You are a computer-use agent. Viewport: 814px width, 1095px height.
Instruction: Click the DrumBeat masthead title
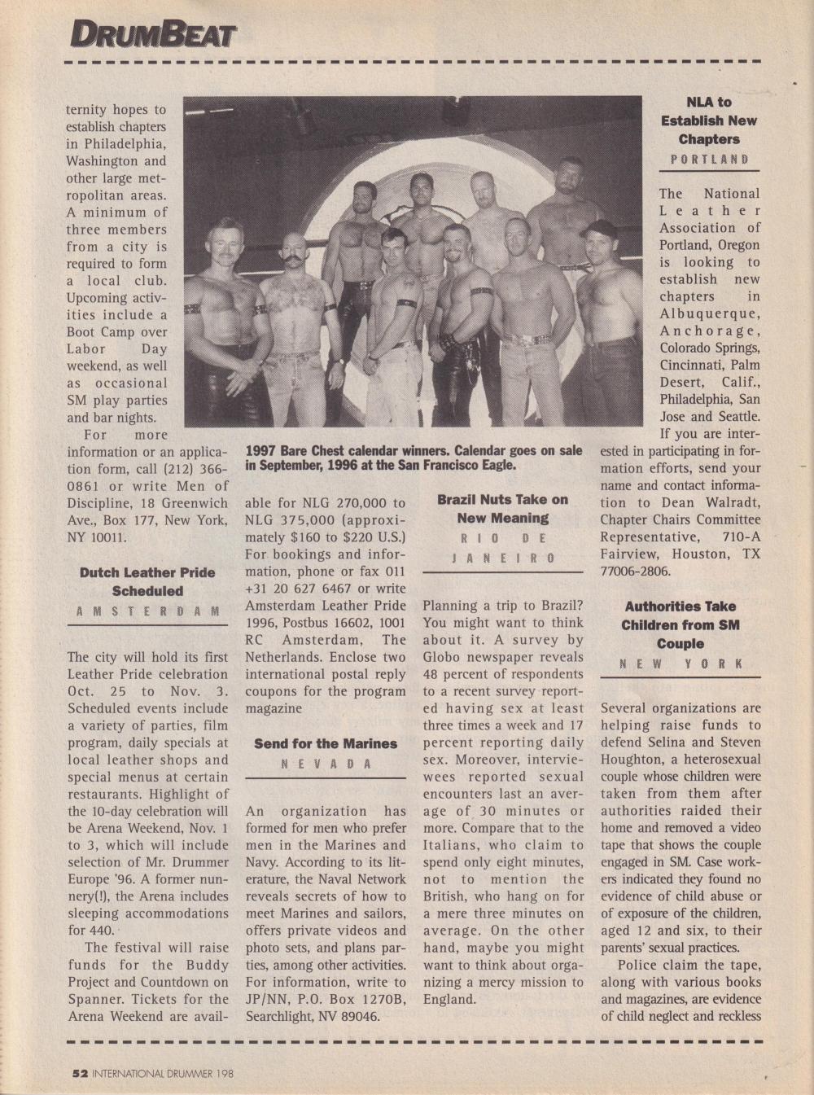153,33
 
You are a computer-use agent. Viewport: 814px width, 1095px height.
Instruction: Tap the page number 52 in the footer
79,1073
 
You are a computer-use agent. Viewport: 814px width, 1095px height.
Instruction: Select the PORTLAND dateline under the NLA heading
709,160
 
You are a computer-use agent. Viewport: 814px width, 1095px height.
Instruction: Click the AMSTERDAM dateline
147,611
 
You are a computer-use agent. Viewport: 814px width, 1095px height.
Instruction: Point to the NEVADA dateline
326,764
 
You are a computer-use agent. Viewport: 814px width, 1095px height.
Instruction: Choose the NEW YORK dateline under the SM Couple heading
681,664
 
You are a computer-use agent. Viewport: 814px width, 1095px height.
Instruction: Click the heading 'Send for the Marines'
326,743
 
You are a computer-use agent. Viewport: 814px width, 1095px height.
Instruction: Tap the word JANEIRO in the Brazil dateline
503,558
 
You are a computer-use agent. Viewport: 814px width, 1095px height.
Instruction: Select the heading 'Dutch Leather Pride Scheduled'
147,581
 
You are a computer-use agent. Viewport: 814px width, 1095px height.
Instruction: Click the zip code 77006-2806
636,571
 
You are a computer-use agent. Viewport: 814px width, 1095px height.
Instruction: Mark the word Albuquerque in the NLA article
709,313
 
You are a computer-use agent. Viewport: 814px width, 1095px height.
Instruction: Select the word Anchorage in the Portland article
709,331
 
